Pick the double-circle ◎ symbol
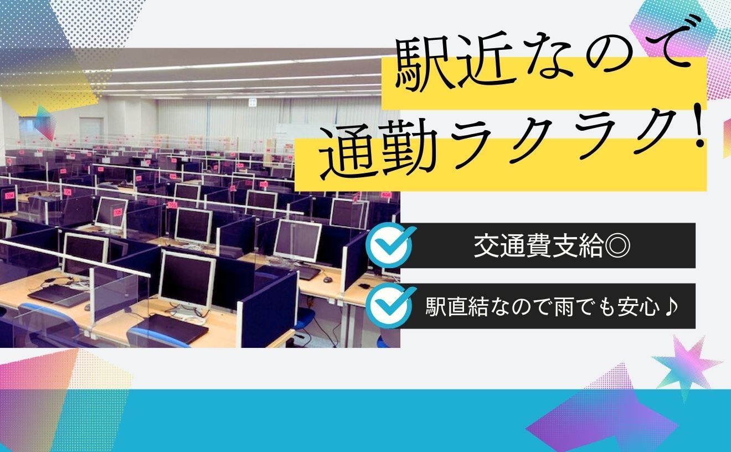click(x=617, y=246)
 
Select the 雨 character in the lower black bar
click(x=558, y=307)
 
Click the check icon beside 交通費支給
click(x=391, y=245)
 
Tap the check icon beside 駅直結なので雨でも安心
click(x=391, y=305)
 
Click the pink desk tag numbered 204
click(x=9, y=196)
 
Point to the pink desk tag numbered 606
click(x=387, y=194)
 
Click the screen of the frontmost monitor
click(x=187, y=281)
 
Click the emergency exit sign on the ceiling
click(x=253, y=102)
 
